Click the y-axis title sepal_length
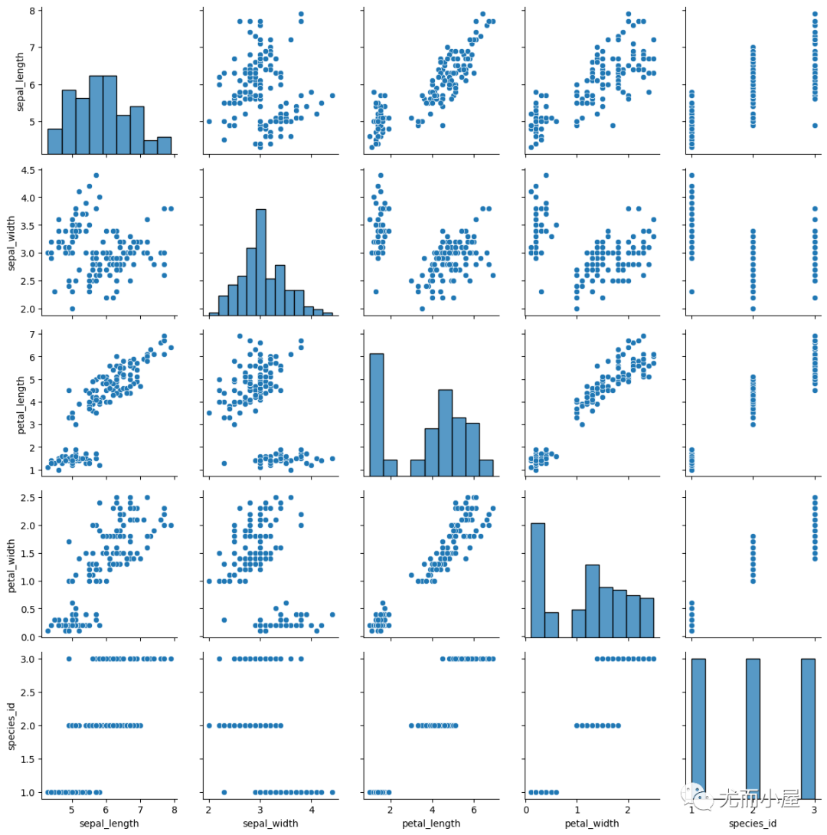click(12, 80)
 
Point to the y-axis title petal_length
click(12, 400)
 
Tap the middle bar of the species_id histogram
click(753, 725)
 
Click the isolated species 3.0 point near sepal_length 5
click(69, 659)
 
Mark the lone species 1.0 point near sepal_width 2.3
click(224, 792)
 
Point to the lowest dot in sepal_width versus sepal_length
click(72, 309)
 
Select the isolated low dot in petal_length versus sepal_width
click(224, 463)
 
